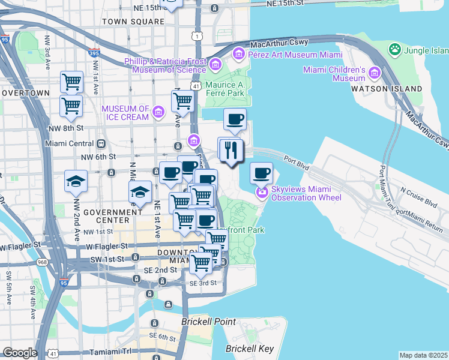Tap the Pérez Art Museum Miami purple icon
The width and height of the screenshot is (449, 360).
click(239, 55)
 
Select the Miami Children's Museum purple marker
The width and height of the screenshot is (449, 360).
click(375, 73)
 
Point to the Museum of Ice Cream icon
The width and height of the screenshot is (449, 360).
click(158, 112)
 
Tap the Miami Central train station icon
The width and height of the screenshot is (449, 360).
click(101, 144)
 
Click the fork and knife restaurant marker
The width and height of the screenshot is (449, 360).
click(231, 150)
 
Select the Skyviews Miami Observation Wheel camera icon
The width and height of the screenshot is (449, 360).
click(262, 193)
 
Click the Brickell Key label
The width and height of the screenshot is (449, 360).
click(250, 349)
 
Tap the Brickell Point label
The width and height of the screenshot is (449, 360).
click(208, 322)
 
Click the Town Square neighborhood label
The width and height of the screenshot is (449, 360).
click(133, 22)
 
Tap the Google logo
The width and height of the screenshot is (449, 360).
click(20, 353)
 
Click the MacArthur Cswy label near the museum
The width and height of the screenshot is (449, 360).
click(279, 43)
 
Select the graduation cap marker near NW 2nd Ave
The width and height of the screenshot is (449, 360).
click(76, 181)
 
